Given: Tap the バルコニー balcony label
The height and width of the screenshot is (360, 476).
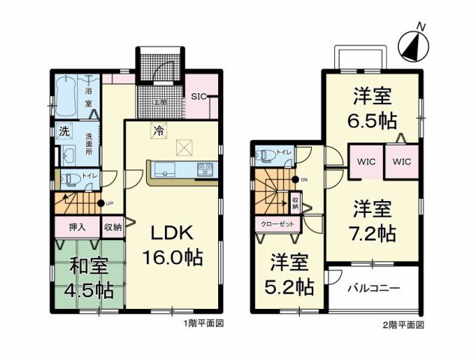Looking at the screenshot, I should pyautogui.click(x=373, y=288).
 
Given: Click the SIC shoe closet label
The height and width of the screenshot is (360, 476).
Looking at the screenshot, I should pyautogui.click(x=199, y=96).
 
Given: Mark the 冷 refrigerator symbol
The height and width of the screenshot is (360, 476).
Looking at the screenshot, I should pyautogui.click(x=158, y=129).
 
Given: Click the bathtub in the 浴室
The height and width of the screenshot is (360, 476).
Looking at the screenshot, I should pyautogui.click(x=70, y=94).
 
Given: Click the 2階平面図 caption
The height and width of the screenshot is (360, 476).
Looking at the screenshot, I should pyautogui.click(x=406, y=325).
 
